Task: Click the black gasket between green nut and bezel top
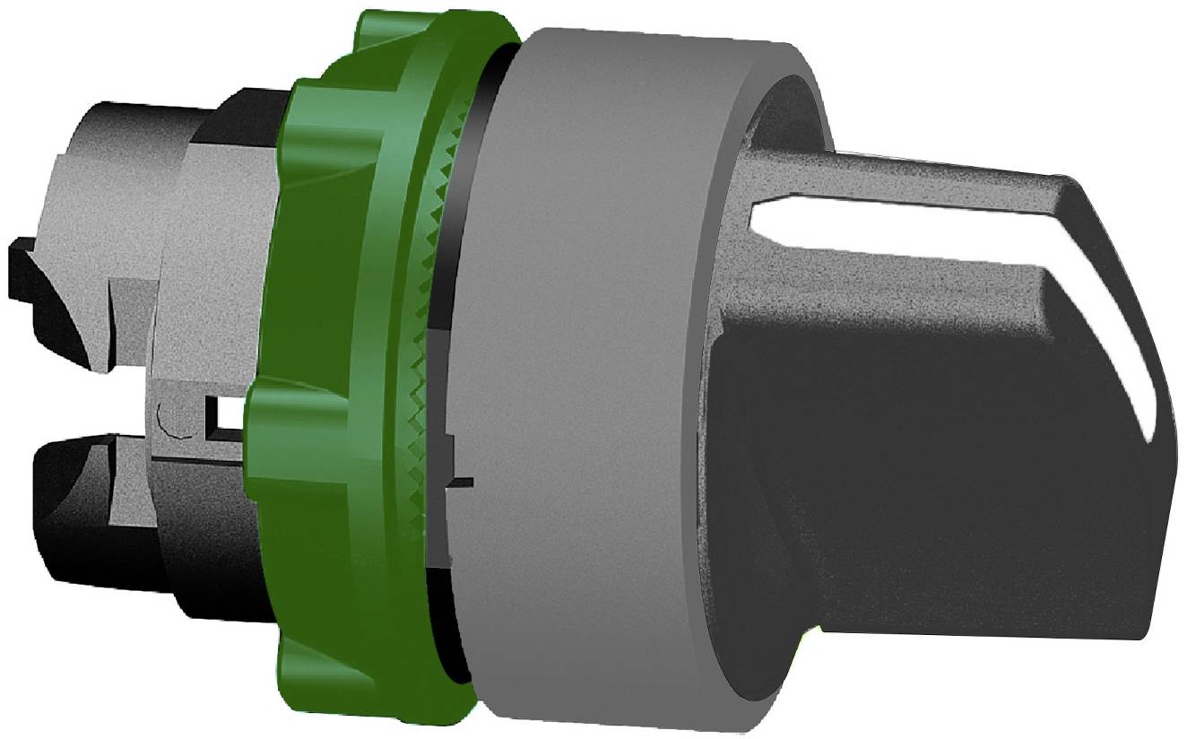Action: [489, 90]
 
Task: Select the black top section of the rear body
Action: [233, 117]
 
